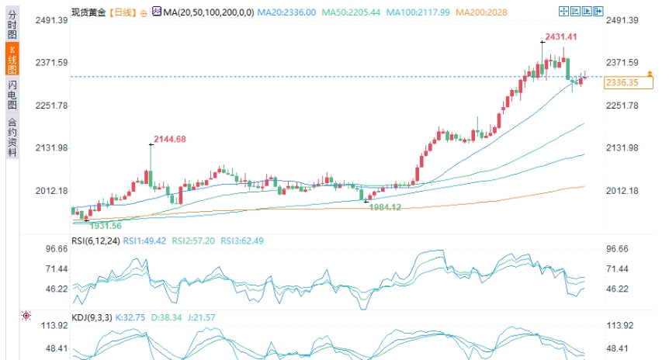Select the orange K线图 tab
click(12, 59)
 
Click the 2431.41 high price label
click(560, 36)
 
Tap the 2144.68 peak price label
click(170, 139)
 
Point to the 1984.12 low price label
click(385, 207)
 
